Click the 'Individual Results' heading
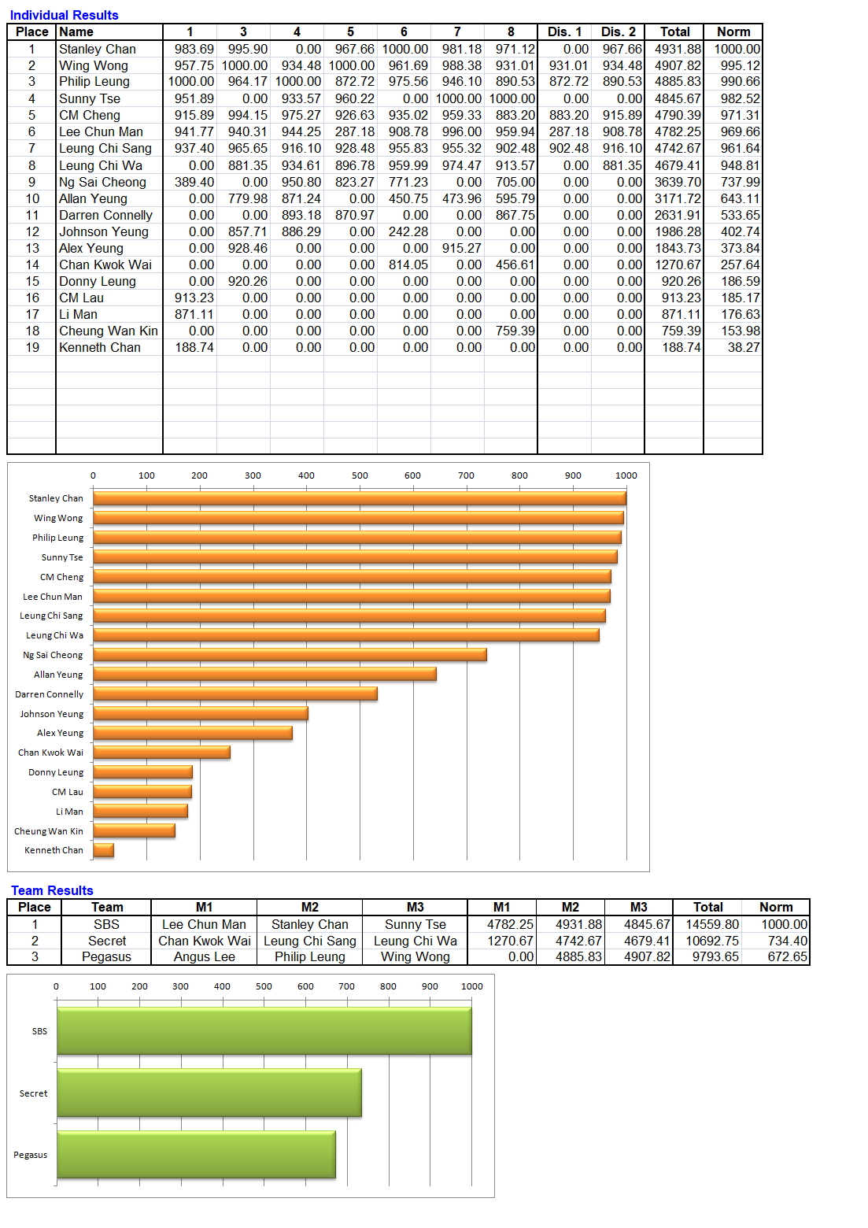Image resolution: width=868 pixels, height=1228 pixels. point(64,15)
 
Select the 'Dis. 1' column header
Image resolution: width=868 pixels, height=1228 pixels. point(564,31)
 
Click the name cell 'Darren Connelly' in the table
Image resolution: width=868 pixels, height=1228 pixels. point(105,215)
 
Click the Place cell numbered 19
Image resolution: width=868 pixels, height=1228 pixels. point(32,347)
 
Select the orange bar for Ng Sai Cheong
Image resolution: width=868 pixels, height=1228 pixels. point(290,655)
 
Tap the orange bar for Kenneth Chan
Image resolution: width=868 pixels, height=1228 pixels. point(104,849)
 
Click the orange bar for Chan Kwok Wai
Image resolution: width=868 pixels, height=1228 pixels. point(161,753)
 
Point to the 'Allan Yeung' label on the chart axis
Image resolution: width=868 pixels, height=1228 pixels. point(59,675)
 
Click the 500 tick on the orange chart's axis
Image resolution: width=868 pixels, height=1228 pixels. point(360,475)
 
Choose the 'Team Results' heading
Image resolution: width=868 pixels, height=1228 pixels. point(52,890)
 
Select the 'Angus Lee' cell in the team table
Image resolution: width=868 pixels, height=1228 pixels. point(205,956)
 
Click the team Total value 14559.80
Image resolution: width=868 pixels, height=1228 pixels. point(712,924)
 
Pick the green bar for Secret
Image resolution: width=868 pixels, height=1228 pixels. point(209,1093)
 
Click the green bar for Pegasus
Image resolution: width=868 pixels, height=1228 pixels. point(196,1154)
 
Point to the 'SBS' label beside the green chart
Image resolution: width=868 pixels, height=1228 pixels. point(39,1031)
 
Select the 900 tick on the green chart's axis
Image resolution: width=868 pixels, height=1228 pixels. point(430,986)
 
